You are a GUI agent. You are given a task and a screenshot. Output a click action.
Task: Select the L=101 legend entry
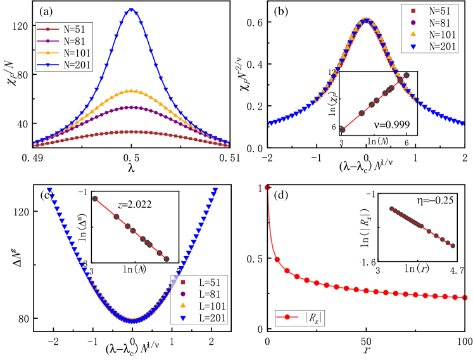pos(208,306)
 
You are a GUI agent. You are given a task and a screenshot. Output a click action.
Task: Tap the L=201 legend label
pos(208,318)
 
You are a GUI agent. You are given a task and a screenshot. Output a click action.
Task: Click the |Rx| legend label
pos(312,318)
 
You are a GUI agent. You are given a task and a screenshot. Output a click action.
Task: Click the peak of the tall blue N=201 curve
pos(131,10)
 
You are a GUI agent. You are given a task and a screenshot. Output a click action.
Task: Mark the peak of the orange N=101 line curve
pos(131,91)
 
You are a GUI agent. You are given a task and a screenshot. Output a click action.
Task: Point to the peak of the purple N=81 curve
pos(131,107)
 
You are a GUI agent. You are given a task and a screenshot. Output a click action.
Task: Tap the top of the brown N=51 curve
pos(131,131)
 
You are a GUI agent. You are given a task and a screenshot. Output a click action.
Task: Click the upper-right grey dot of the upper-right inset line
pos(406,75)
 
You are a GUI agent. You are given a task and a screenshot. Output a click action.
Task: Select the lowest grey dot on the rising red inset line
pos(343,129)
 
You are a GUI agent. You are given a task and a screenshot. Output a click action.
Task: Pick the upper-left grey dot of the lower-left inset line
pos(95,198)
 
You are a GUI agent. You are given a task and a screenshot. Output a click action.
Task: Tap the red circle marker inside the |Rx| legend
pos(287,318)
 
